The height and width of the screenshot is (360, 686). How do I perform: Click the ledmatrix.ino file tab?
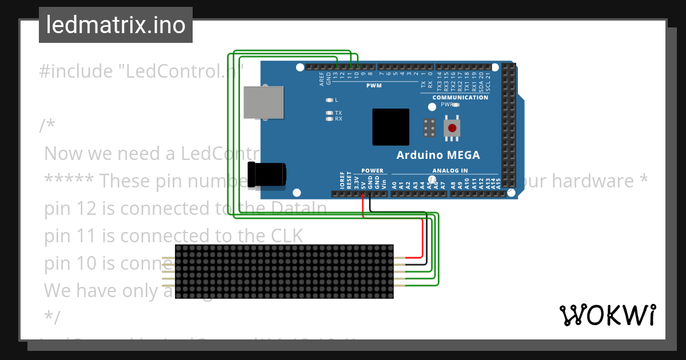coord(115,25)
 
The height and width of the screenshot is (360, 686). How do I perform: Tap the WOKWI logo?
coord(607,315)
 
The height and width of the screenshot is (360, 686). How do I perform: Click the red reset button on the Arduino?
coord(452,127)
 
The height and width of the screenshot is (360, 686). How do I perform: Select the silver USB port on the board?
coord(263,103)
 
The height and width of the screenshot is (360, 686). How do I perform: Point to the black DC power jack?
coord(266,174)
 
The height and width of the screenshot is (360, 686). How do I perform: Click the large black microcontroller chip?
coord(390,127)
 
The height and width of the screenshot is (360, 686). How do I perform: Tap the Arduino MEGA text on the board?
coord(438,155)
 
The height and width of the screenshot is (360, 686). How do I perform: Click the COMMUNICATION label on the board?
coord(460,98)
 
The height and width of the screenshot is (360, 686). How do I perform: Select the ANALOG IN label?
coord(450,170)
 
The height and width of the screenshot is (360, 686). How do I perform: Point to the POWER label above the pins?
coord(372,170)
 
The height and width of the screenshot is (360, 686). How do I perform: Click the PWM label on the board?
coord(374,86)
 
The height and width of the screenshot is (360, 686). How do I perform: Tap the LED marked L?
coord(329,100)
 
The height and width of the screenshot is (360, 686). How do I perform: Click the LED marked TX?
coord(329,113)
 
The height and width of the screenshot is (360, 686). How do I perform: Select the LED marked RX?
coord(329,119)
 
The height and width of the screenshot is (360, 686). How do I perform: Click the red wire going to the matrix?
coord(422,240)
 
